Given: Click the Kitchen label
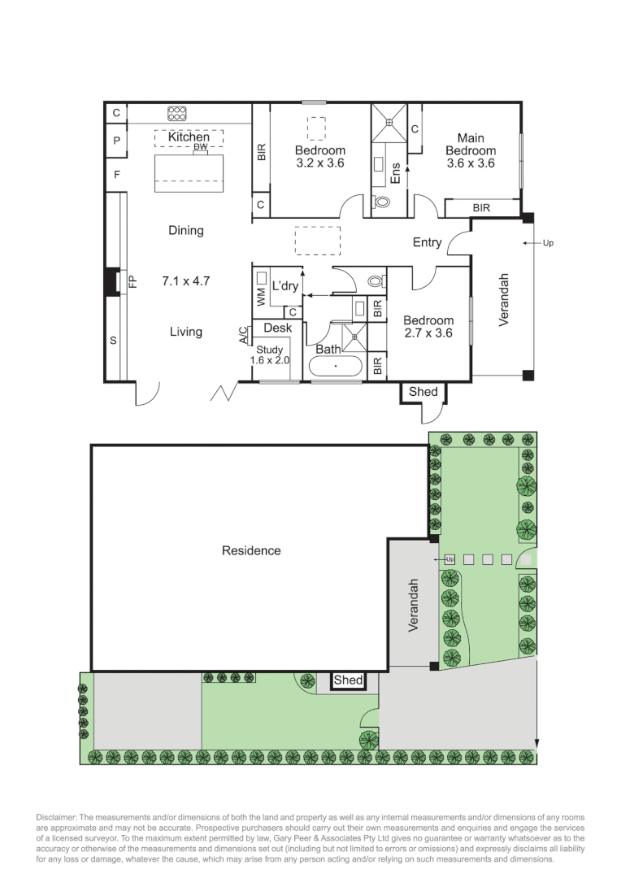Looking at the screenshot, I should tap(189, 137).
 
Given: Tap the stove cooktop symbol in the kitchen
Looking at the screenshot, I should tap(177, 113).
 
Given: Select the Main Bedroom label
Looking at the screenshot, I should tap(471, 145).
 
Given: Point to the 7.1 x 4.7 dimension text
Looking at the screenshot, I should tap(186, 281).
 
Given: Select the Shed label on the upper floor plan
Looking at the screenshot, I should tap(423, 392).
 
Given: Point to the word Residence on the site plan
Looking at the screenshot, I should tap(251, 550).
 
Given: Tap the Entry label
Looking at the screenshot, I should tap(427, 242).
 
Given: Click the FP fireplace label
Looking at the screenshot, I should tap(135, 281).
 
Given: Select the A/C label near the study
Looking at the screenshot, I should tap(243, 336).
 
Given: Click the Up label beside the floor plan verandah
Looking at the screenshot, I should tap(548, 243).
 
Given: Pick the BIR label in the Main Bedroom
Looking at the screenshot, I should tap(481, 208).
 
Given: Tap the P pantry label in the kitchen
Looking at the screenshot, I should tap(116, 141).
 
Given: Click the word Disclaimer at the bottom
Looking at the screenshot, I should tap(57, 817).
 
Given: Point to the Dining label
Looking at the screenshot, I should tap(186, 230).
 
